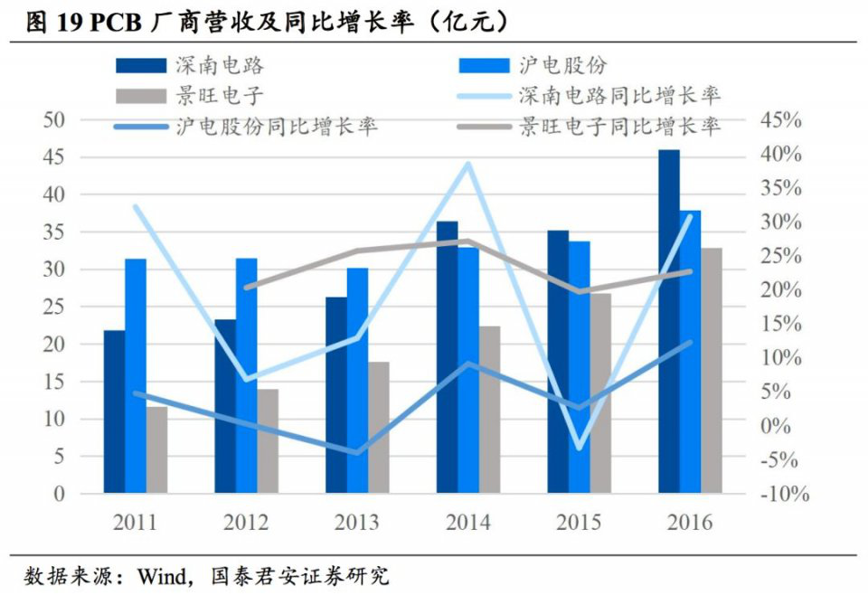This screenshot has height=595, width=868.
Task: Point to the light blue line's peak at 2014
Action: coord(467,164)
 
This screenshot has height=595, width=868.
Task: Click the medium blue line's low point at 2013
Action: coord(357,453)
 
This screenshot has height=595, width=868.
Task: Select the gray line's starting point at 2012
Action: coord(246,288)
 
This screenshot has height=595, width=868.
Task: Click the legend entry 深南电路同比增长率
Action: coord(619,94)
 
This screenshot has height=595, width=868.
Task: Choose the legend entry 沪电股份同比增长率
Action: coord(277,126)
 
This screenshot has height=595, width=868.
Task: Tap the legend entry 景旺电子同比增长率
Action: coord(619,126)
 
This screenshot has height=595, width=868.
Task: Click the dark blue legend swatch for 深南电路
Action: coord(141,65)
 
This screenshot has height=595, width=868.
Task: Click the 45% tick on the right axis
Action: coord(780,120)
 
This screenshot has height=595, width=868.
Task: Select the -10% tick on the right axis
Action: coord(782,494)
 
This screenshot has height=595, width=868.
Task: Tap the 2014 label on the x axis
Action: coord(467,523)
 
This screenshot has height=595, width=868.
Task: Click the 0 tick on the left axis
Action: coord(60,494)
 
